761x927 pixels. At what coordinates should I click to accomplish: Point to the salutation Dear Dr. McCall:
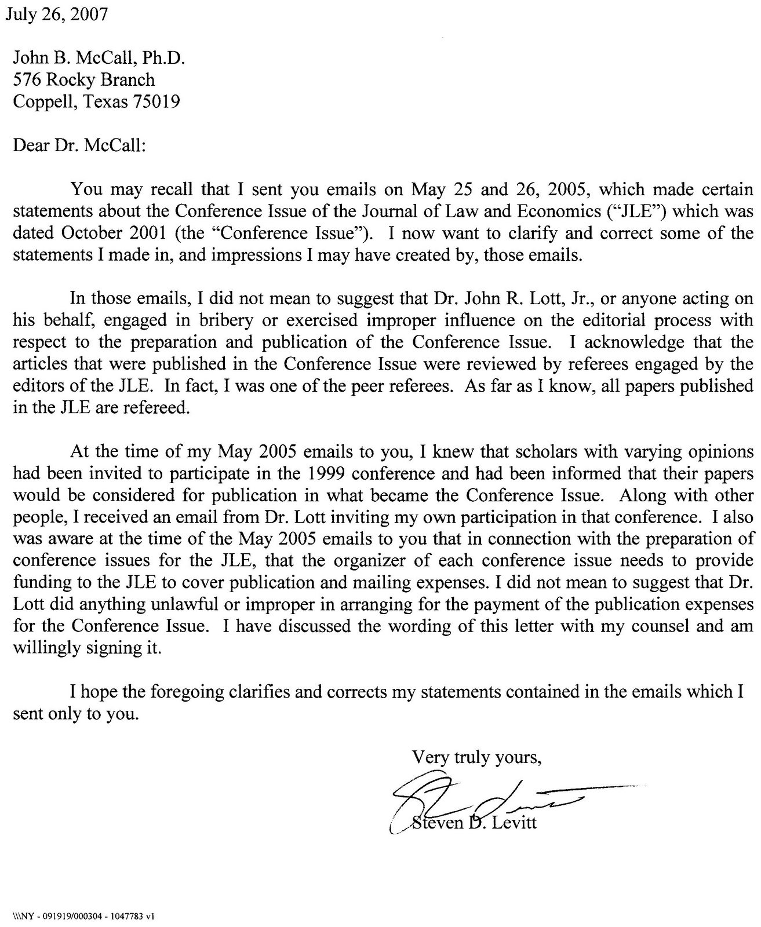click(x=79, y=144)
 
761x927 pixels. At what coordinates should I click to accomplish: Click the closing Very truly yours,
click(x=476, y=757)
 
